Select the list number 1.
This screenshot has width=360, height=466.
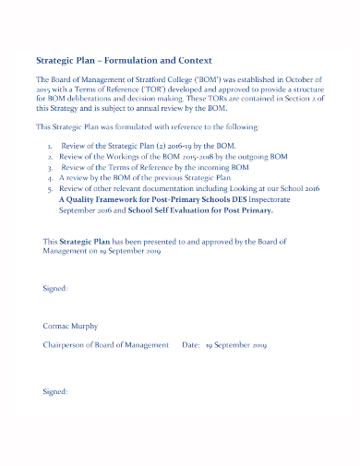pyautogui.click(x=50, y=146)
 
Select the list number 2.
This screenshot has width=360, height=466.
pyautogui.click(x=50, y=157)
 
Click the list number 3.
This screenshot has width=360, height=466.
pyautogui.click(x=50, y=168)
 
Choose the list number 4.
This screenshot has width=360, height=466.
pyautogui.click(x=50, y=179)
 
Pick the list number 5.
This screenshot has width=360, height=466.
pyautogui.click(x=50, y=190)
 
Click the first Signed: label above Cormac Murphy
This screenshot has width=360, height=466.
pyautogui.click(x=55, y=289)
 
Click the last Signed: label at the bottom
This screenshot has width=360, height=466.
pyautogui.click(x=55, y=391)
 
